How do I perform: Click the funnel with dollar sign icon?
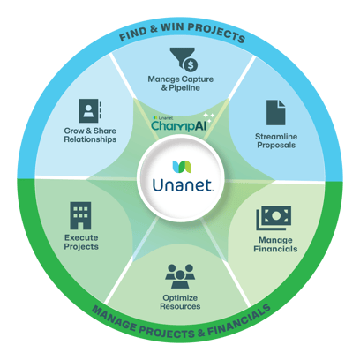(183, 60)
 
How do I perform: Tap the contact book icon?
(90, 110)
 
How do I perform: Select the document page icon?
(275, 113)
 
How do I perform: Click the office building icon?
(80, 215)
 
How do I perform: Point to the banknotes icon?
(274, 218)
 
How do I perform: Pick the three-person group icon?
(180, 276)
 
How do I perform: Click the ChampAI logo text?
(179, 125)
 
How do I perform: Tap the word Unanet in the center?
(183, 185)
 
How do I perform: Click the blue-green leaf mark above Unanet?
(182, 167)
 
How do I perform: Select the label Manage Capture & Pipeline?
(181, 83)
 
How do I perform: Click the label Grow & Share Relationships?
(90, 135)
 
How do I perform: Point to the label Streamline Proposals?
(276, 140)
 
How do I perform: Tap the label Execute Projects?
(81, 242)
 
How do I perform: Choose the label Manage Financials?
(275, 244)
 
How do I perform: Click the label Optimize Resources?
(180, 302)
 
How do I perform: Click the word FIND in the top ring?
(132, 34)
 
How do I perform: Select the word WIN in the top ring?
(172, 27)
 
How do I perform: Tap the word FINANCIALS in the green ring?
(239, 321)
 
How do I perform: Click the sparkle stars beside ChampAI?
(209, 117)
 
